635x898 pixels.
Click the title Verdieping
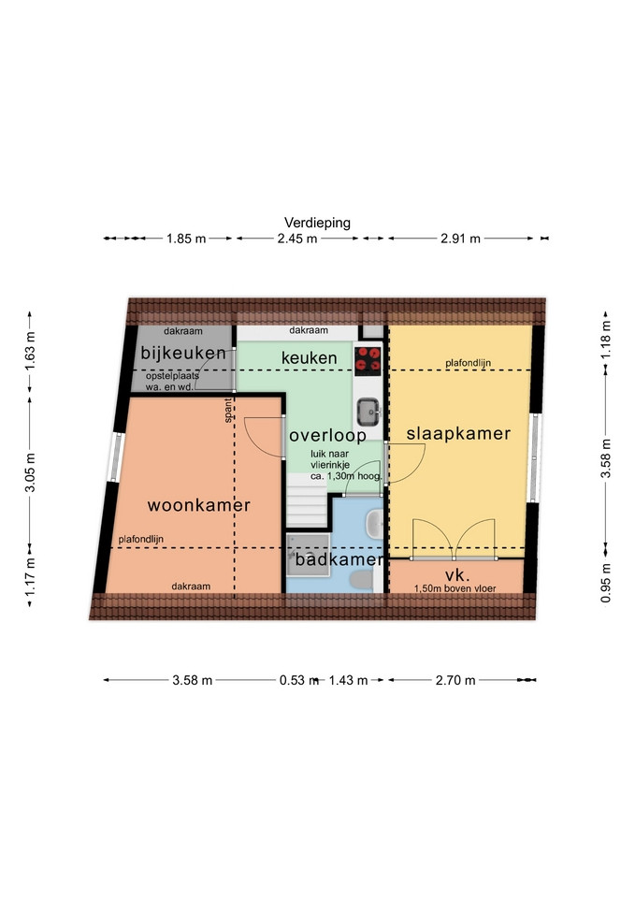pos(317,223)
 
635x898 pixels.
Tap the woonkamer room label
pos(198,505)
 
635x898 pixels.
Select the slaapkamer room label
pos(458,433)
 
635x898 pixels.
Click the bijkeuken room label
pos(183,353)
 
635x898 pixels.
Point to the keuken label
pos(310,358)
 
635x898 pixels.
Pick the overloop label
pos(327,435)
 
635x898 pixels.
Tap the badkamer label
pos(339,559)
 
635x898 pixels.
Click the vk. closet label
pos(457,575)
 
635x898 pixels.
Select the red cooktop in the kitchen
pos(368,361)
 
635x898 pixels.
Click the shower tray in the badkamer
pos(308,555)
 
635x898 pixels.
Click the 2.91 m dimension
pos(460,239)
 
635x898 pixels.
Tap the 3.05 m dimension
pos(30,472)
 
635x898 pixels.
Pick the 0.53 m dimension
pos(299,680)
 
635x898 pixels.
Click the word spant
pos(228,411)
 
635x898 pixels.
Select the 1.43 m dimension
pos(348,680)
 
